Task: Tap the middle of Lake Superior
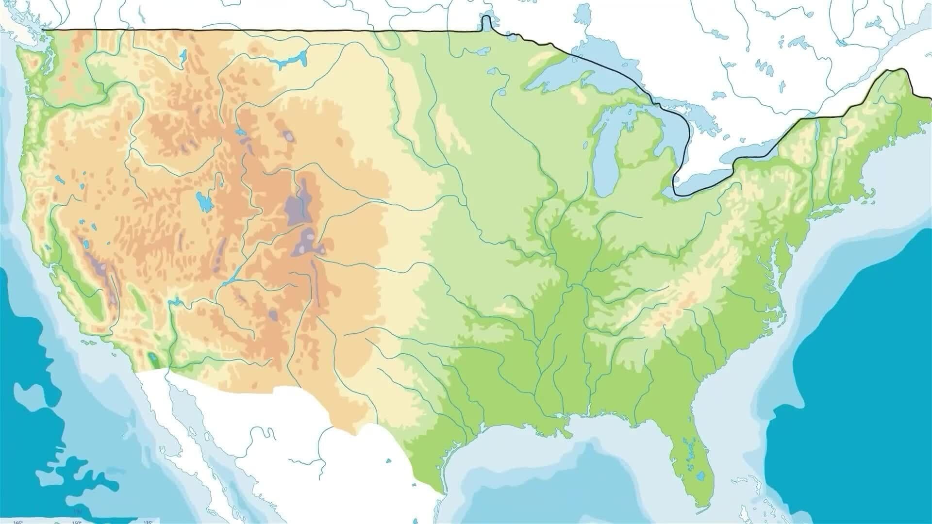pos(573,73)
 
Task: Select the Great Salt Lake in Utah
pos(203,201)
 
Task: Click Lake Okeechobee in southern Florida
pos(700,477)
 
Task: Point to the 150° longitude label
pos(76,522)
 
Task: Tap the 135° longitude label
pos(148,522)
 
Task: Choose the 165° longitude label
pos(18,522)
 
